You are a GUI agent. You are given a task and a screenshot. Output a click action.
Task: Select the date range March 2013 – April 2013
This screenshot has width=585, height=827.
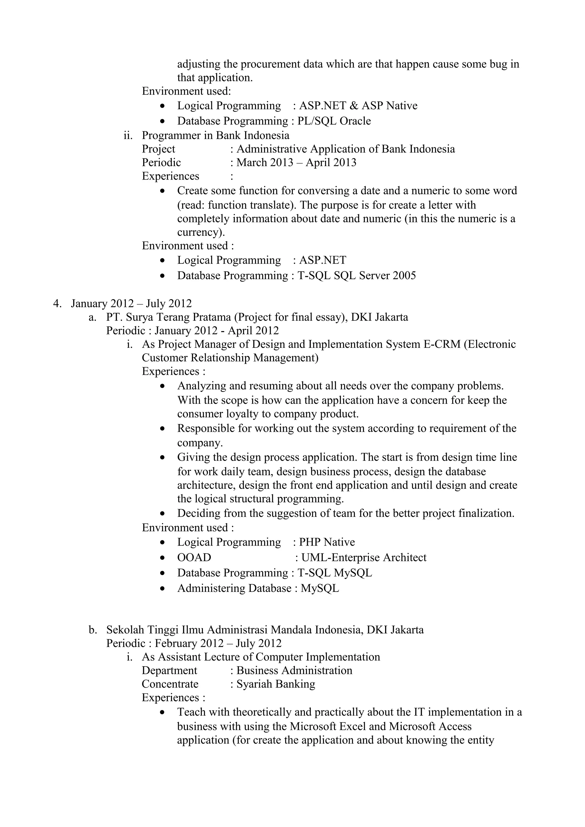[x=296, y=162]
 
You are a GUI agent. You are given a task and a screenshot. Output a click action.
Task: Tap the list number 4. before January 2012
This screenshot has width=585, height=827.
[x=57, y=304]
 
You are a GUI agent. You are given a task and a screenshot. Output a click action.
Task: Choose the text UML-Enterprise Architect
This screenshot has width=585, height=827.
[x=364, y=558]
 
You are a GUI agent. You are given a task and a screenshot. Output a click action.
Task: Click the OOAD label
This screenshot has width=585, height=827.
[x=194, y=558]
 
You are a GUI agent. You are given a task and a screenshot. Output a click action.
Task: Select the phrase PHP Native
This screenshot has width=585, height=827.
[x=327, y=542]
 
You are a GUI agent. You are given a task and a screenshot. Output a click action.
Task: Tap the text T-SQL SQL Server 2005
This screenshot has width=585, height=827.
[x=356, y=276]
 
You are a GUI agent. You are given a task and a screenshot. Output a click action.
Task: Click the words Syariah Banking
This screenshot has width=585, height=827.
[x=276, y=684]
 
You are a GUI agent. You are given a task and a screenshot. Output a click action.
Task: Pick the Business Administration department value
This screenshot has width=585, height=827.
[x=294, y=670]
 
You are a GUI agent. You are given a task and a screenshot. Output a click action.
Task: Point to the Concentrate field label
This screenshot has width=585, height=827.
[x=170, y=684]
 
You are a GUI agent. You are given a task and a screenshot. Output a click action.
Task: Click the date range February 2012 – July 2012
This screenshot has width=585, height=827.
[x=218, y=643]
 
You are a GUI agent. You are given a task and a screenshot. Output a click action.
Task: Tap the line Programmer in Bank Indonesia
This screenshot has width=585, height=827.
[x=216, y=136]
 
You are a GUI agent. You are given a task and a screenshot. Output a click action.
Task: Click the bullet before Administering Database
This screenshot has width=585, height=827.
[x=163, y=588]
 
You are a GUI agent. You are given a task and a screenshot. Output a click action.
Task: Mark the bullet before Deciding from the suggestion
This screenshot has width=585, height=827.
[x=163, y=513]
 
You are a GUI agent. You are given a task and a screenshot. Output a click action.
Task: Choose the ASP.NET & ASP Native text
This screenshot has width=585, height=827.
[x=358, y=106]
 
